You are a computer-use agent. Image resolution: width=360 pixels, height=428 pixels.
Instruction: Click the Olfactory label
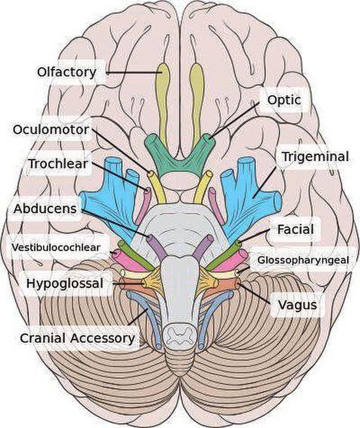67,72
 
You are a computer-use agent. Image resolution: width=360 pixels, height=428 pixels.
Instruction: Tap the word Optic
284,100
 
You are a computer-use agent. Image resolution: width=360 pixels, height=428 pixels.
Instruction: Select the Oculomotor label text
51,130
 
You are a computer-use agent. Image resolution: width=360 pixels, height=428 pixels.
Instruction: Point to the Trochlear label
58,164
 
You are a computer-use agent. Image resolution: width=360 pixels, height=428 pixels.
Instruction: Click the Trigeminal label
316,157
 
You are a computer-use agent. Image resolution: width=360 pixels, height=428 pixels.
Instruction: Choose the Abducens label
45,209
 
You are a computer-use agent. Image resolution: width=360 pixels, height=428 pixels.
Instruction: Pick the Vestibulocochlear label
56,248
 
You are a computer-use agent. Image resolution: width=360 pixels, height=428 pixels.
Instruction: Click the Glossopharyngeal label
303,260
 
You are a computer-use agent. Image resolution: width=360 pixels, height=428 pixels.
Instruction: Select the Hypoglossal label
65,284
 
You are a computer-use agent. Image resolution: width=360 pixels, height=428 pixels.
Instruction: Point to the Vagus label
298,305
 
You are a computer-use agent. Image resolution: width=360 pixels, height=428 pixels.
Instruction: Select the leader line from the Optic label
235,119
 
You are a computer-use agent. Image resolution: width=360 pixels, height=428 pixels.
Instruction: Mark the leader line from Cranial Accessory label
138,317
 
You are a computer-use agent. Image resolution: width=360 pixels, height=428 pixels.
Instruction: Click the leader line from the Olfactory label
133,73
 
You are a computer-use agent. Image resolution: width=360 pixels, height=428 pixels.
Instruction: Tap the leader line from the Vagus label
255,294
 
